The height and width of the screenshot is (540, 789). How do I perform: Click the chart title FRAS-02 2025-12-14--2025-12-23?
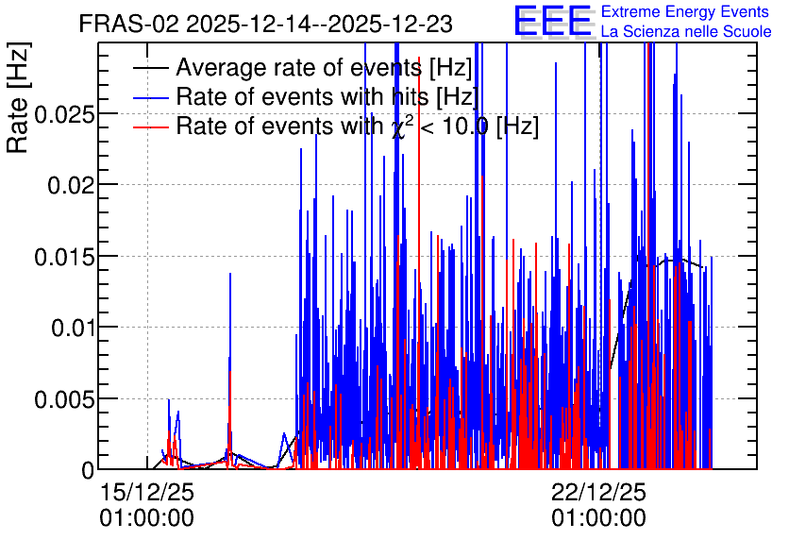tap(266, 24)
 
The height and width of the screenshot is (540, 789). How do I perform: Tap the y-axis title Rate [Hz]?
tap(18, 97)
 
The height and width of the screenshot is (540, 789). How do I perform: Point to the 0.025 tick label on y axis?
tap(64, 115)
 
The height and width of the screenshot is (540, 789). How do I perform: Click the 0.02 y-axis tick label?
tap(71, 186)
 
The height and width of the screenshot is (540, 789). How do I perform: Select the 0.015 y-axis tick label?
tap(64, 257)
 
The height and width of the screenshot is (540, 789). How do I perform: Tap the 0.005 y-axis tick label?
tap(64, 400)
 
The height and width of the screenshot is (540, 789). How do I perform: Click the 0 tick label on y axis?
tap(88, 470)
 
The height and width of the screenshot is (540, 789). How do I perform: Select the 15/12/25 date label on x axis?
tap(147, 492)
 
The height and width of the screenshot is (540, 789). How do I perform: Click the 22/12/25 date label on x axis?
tap(598, 492)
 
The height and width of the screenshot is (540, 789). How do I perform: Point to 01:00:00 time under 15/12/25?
tap(147, 518)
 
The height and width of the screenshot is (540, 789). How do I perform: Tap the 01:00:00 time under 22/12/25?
tap(598, 518)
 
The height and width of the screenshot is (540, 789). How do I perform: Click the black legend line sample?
tap(150, 68)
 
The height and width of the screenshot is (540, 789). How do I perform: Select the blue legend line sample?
tap(150, 97)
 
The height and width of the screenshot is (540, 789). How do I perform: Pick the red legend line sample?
tap(150, 127)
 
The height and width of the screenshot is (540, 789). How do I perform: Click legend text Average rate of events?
tap(299, 67)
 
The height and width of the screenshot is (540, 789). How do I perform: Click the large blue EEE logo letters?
tap(553, 21)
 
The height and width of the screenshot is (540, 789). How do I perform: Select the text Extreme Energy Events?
tap(685, 11)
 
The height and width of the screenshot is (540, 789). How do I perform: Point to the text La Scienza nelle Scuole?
tap(686, 32)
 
